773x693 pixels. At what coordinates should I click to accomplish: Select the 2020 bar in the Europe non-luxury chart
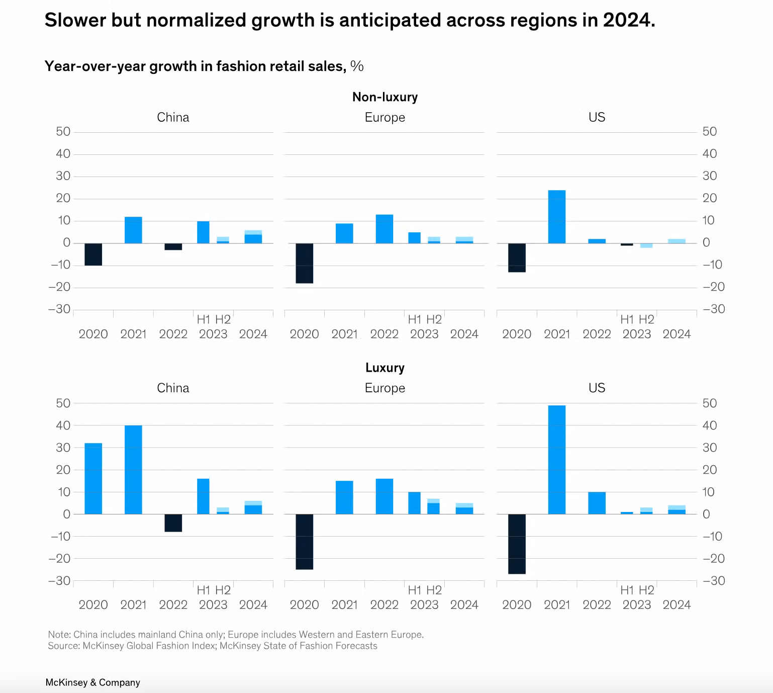[x=304, y=263]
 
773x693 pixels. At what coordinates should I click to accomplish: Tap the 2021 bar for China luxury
[x=133, y=469]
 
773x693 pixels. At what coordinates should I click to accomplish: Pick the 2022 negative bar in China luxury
[x=173, y=523]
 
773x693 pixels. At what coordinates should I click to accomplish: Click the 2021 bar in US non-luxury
[x=556, y=216]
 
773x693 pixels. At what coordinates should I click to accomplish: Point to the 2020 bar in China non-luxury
[x=93, y=254]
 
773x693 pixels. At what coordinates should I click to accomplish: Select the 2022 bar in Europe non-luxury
[x=384, y=229]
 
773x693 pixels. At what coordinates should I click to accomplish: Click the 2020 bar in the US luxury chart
[x=517, y=544]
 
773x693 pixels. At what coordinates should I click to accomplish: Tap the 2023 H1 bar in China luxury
[x=203, y=496]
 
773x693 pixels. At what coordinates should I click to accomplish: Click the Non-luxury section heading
[x=385, y=97]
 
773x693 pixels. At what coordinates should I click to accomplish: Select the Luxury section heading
[x=385, y=368]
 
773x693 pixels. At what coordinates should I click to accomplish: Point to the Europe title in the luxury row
[x=385, y=388]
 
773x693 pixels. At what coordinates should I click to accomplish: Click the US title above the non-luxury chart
[x=597, y=117]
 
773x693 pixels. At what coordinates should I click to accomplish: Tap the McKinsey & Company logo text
[x=92, y=682]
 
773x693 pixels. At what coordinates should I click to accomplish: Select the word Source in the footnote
[x=63, y=646]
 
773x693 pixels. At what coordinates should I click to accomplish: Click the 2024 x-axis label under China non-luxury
[x=253, y=334]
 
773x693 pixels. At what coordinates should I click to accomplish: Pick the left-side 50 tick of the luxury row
[x=63, y=403]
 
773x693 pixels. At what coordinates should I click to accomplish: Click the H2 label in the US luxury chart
[x=646, y=590]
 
